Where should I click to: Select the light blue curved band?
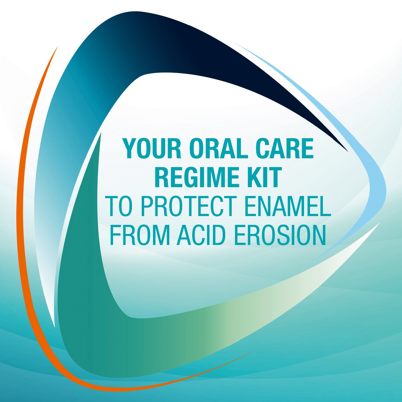tap(373, 167)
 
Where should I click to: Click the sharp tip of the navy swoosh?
tap(348, 151)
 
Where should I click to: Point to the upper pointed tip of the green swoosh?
tap(101, 133)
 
